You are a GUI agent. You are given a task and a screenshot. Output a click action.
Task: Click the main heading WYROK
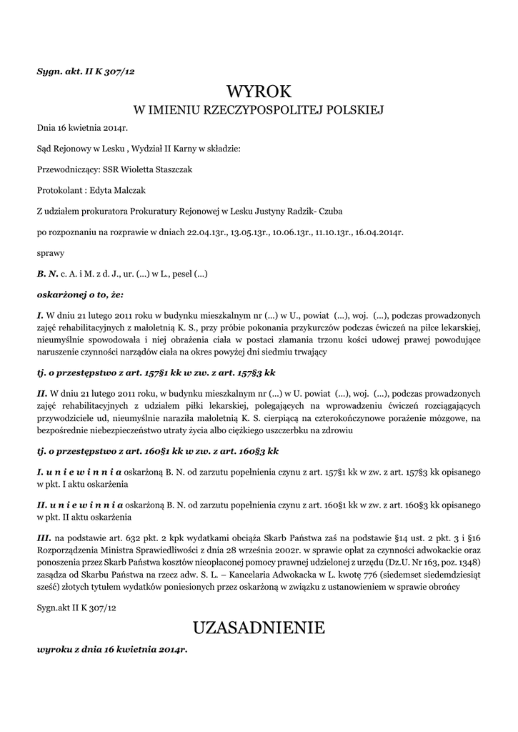pyautogui.click(x=259, y=91)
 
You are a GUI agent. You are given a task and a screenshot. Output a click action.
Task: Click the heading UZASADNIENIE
pyautogui.click(x=259, y=628)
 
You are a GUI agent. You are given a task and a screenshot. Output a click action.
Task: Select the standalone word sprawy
pyautogui.click(x=51, y=253)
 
